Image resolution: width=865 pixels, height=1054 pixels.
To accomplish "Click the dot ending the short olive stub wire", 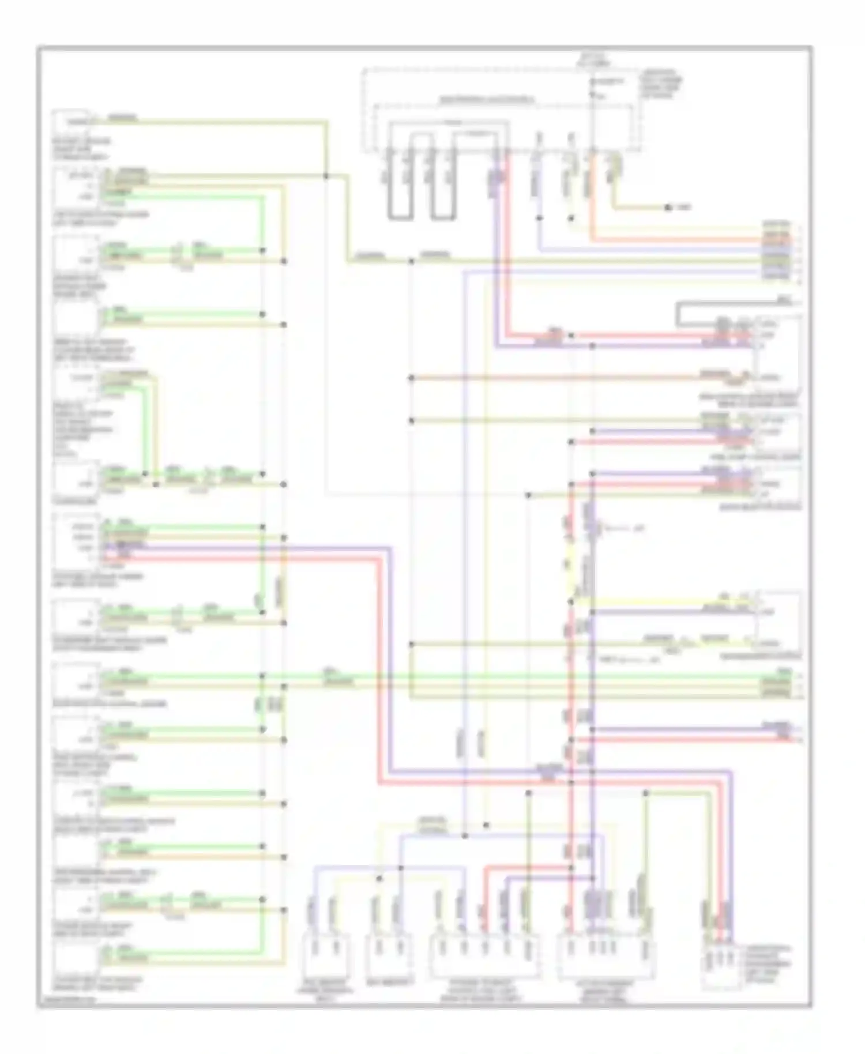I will coord(668,207).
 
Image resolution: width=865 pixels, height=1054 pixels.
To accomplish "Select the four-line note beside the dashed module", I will coord(663,84).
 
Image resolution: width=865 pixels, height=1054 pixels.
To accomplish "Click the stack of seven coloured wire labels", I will coord(777,250).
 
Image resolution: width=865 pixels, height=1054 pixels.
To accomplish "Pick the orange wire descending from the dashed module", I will coord(592,196).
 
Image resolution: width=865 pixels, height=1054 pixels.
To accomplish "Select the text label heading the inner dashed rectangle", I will coord(487,100).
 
